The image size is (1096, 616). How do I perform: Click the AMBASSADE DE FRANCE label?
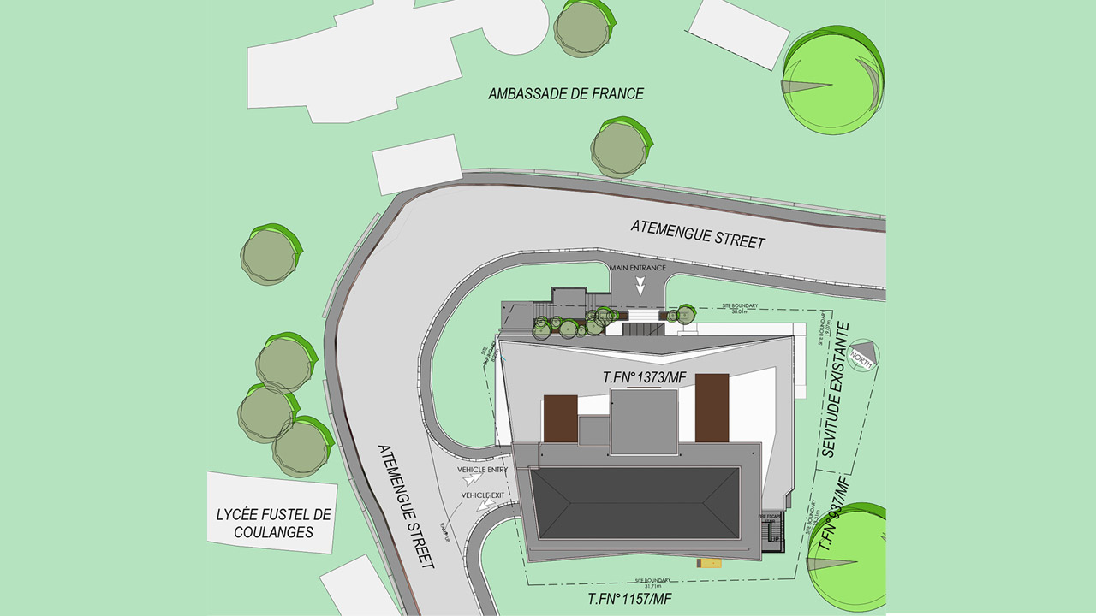click(x=566, y=94)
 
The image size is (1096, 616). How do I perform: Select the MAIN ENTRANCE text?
click(x=637, y=269)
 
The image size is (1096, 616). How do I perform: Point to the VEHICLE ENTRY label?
click(x=482, y=470)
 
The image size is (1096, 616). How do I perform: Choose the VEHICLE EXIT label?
click(x=483, y=495)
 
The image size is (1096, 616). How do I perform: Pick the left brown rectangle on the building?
click(x=561, y=418)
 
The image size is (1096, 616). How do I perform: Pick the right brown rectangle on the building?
click(x=712, y=407)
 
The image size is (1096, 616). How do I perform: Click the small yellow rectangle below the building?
click(x=710, y=563)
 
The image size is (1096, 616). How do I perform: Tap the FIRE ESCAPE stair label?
click(x=771, y=518)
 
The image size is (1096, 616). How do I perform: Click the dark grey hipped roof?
click(x=634, y=504)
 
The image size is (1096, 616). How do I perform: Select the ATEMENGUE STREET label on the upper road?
click(x=698, y=234)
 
